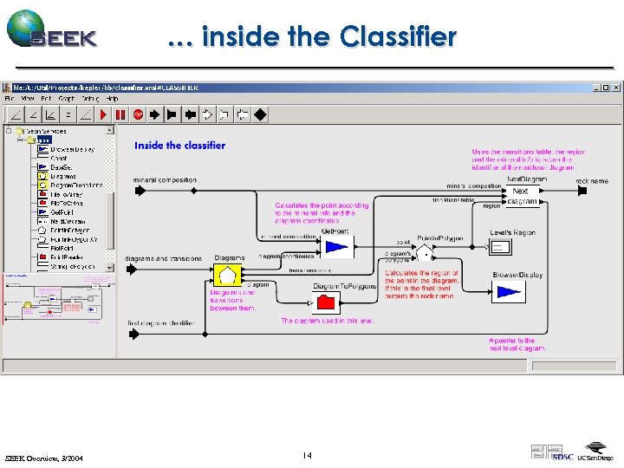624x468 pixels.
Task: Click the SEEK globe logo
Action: coord(26,28)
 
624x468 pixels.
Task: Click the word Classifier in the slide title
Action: coord(398,37)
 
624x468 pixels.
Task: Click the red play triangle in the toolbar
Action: coord(105,114)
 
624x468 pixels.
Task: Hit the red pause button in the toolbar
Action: coord(120,114)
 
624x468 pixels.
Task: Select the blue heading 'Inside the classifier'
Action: coord(179,146)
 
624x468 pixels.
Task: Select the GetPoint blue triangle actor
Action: coord(335,248)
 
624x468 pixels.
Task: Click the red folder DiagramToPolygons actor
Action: coord(326,302)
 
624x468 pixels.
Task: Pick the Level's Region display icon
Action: coord(501,248)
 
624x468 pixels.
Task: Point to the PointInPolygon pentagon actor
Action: coord(425,253)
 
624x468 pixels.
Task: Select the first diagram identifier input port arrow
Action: coord(133,333)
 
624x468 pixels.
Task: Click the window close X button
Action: coord(617,88)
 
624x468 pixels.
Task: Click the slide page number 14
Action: coord(307,455)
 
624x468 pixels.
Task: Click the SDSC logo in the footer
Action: coord(562,456)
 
